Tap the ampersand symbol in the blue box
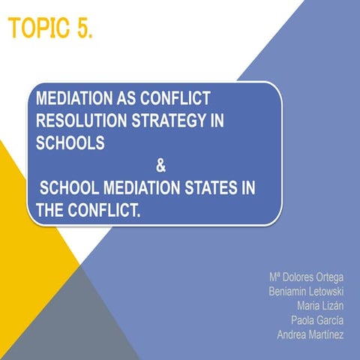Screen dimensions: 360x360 pos(160,166)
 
